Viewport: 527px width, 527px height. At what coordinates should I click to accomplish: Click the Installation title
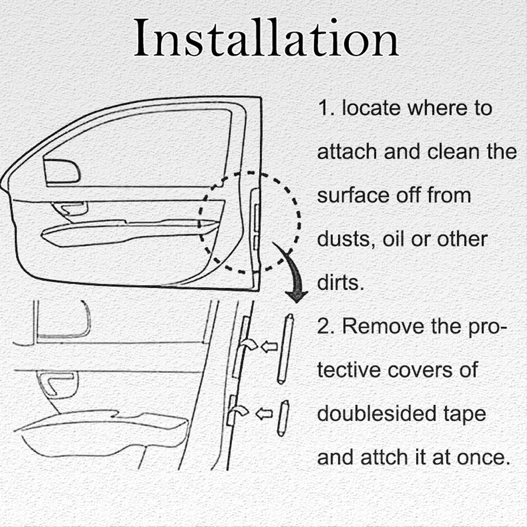tap(266, 38)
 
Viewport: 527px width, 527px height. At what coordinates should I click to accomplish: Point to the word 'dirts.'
tap(340, 282)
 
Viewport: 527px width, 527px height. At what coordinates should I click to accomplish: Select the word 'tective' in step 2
tap(349, 370)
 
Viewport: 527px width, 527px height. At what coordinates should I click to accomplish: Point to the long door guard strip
tap(285, 349)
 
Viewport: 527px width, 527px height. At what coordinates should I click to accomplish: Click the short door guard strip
tap(283, 419)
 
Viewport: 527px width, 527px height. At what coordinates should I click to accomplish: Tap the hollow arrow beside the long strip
tap(269, 347)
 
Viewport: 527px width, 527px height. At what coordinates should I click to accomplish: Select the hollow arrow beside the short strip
tap(264, 413)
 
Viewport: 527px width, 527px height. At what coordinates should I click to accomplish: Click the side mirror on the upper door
tap(62, 171)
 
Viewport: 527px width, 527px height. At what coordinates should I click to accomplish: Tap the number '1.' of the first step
tap(326, 108)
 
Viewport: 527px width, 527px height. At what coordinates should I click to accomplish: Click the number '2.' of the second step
tap(326, 326)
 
